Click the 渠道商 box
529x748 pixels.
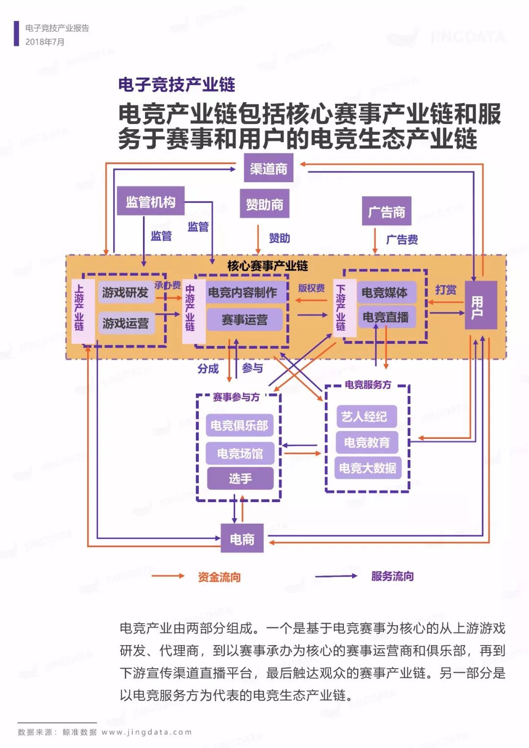(268, 169)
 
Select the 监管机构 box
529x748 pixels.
(150, 201)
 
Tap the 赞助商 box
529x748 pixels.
(264, 204)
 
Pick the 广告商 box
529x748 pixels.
(386, 212)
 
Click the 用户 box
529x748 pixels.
(481, 306)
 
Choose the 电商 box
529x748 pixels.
(242, 539)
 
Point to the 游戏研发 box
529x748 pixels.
(125, 293)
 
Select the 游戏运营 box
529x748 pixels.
(125, 323)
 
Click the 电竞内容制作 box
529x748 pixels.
(243, 293)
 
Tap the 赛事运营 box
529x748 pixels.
(244, 320)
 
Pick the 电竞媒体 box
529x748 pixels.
(385, 293)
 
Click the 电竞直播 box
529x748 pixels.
(386, 317)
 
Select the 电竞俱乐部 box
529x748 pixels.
(240, 425)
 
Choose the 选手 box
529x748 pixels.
(240, 478)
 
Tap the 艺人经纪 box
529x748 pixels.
(364, 417)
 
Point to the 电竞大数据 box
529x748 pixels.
(367, 468)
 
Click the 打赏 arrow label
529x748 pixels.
(446, 290)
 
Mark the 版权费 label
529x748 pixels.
(312, 288)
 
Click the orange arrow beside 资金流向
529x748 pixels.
(168, 577)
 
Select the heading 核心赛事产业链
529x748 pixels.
(267, 266)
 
